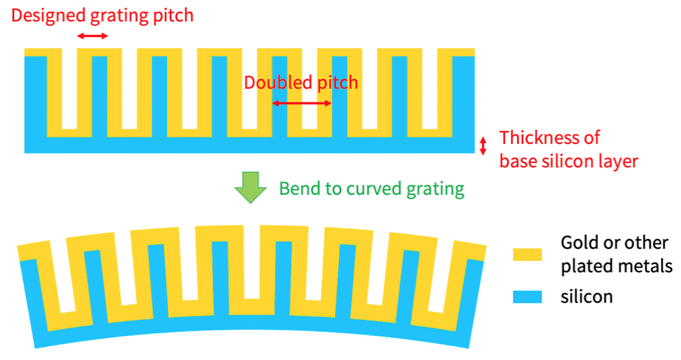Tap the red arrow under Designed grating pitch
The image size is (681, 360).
click(92, 35)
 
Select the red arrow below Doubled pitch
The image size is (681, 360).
click(302, 103)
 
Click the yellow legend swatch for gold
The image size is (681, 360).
click(527, 254)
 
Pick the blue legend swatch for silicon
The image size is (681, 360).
click(527, 296)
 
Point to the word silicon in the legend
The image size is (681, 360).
click(587, 296)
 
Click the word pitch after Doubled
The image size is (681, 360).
click(337, 83)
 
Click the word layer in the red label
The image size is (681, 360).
click(619, 161)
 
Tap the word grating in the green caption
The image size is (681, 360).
click(435, 189)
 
